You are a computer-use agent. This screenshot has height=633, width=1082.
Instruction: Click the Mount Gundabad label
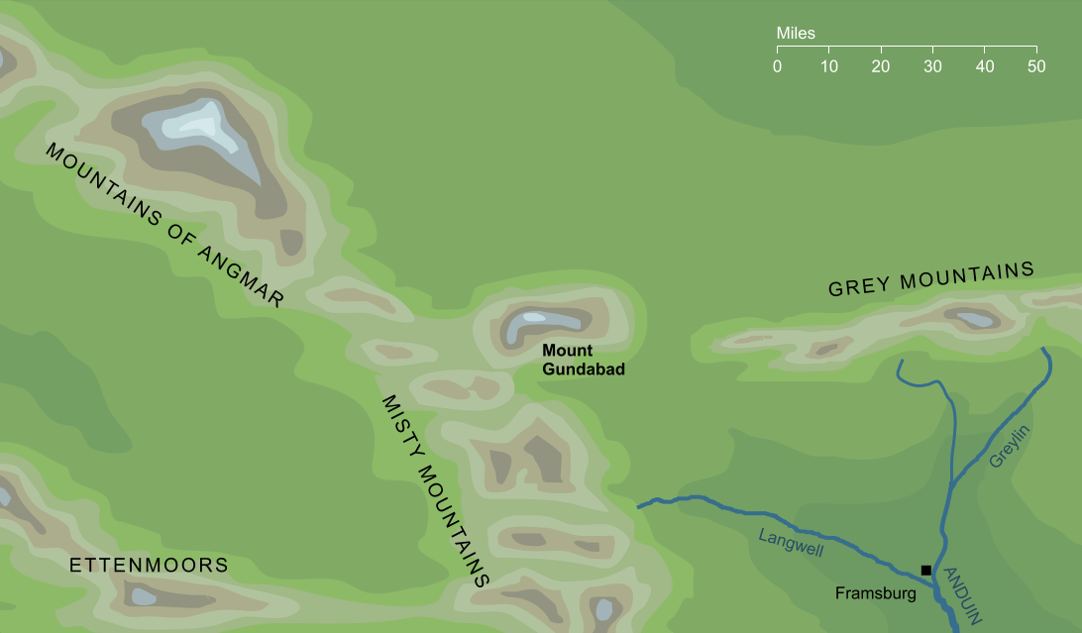coord(583,360)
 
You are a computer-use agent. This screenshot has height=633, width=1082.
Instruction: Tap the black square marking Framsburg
coord(925,570)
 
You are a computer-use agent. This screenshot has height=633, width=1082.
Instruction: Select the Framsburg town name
coord(873,594)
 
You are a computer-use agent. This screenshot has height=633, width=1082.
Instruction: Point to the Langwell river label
coord(791,543)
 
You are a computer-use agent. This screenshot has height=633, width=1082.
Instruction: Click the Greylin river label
coord(1010,447)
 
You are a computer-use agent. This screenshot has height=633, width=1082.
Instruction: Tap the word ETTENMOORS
coord(149,566)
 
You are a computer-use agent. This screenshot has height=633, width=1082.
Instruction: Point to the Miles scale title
coord(796,34)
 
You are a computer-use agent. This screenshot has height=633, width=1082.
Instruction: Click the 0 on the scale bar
coord(777,66)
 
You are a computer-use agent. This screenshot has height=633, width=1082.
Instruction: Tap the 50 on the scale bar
coord(1036,66)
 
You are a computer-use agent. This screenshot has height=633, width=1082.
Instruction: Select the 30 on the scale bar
coord(932,66)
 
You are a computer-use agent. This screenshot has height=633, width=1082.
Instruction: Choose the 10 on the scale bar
coord(829,66)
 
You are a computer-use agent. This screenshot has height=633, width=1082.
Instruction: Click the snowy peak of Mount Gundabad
coord(533,319)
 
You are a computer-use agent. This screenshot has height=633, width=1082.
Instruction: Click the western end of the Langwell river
coord(639,506)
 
